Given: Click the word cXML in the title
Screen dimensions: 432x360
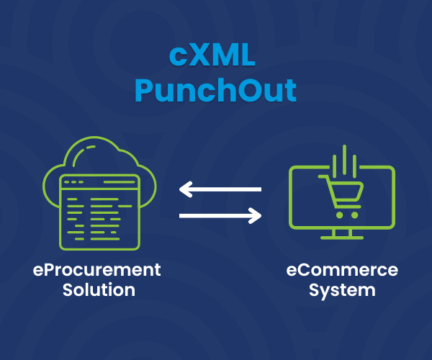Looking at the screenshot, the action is [215, 56].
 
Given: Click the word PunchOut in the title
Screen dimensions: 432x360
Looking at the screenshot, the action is [215, 91].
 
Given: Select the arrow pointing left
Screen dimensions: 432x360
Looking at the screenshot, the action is [220, 190].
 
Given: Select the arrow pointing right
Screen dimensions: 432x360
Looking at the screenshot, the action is [220, 215].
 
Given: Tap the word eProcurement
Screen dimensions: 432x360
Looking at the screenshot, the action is [98, 271].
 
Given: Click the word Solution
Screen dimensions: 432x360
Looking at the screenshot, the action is [98, 290].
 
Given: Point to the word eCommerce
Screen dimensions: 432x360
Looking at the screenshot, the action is [341, 271].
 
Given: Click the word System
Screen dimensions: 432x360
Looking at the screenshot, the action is [341, 290].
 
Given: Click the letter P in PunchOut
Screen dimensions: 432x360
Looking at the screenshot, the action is [147, 91].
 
